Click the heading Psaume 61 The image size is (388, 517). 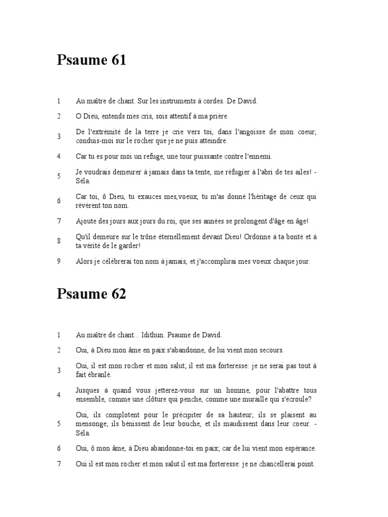[x=91, y=61]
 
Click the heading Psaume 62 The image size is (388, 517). [x=91, y=294]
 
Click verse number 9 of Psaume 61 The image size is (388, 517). [x=59, y=262]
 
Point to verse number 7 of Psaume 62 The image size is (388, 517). [x=59, y=464]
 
